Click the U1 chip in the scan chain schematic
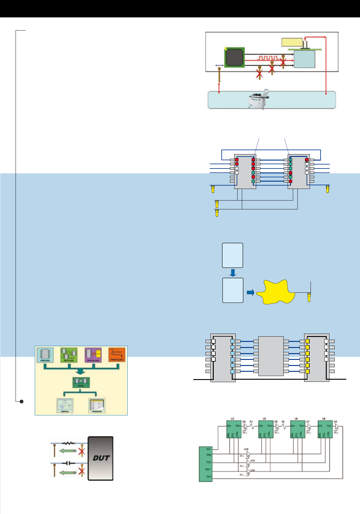tap(234, 429)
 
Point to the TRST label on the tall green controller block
tap(208, 469)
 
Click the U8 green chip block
tap(325, 429)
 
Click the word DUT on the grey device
tap(101, 458)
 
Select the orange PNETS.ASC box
tap(117, 355)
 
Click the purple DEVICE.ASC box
tap(93, 355)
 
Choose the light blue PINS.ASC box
tap(45, 355)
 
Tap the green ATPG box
tap(81, 382)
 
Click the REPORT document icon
tap(65, 406)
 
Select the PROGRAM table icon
tap(97, 406)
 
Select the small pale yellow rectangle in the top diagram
tap(292, 42)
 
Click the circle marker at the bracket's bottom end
tap(21, 401)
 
